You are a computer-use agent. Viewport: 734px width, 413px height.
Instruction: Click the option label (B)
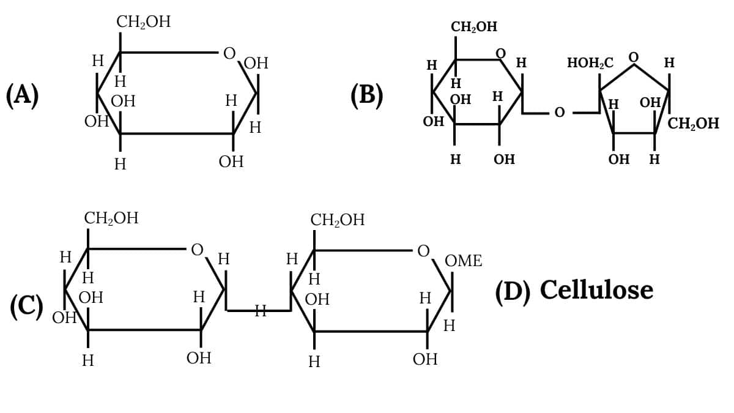(367, 95)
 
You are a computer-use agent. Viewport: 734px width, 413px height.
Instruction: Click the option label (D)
(512, 291)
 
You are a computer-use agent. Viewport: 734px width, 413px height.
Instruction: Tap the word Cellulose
(596, 289)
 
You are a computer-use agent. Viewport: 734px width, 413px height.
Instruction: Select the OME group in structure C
(463, 261)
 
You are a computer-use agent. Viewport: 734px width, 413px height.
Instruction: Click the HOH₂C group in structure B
(590, 63)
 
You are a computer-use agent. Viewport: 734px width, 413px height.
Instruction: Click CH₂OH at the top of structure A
(144, 23)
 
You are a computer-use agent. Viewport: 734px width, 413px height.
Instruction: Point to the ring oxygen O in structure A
(229, 54)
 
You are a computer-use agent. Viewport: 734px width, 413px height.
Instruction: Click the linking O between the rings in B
(559, 113)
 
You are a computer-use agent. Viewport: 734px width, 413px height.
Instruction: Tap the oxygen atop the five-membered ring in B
(634, 57)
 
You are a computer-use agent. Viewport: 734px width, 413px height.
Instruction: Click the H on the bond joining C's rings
(260, 311)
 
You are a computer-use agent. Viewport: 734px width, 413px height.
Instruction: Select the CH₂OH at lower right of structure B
(693, 124)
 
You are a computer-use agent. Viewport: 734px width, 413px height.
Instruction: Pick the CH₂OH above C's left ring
(111, 218)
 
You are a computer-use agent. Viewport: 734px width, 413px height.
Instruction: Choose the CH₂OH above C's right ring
(338, 220)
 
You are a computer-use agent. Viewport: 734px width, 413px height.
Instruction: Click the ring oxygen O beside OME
(423, 251)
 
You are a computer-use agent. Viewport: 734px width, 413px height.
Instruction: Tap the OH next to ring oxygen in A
(256, 64)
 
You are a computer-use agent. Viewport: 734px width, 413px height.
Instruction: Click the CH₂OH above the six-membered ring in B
(474, 27)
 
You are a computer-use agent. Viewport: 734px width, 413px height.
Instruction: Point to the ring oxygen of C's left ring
(197, 250)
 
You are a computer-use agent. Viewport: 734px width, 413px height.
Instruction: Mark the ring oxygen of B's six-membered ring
(501, 54)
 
